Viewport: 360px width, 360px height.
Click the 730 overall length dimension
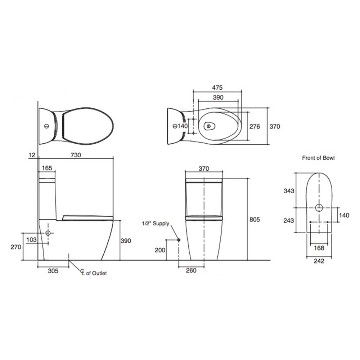(75, 155)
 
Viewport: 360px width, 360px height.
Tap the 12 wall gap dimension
(32, 155)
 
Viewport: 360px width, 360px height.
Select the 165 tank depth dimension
(47, 168)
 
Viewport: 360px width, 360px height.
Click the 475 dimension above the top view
(217, 87)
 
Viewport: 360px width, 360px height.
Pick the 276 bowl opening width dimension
(255, 127)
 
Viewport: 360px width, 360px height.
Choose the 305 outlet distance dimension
(53, 271)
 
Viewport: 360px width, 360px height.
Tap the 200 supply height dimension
(161, 250)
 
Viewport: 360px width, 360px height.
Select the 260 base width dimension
(191, 271)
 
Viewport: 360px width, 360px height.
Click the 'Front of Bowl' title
(318, 158)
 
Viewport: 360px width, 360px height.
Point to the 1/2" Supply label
(155, 224)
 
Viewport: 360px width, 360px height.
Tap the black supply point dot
(179, 240)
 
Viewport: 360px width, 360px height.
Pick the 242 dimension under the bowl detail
(319, 261)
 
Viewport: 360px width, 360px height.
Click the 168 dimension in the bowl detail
(319, 248)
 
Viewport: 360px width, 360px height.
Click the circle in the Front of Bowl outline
(319, 208)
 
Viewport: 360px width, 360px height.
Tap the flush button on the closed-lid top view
(46, 126)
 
